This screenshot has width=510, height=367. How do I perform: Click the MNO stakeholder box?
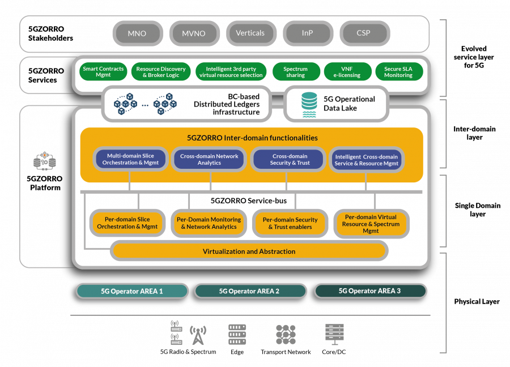(137, 33)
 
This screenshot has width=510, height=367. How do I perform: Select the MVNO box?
(194, 33)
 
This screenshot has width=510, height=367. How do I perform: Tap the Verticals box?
(250, 33)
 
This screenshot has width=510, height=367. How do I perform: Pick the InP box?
(307, 33)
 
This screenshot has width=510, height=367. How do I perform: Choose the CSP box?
(363, 33)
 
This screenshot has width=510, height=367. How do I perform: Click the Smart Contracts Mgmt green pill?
(103, 72)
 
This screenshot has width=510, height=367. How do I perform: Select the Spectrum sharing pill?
(295, 72)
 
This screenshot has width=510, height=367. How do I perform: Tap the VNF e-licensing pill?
(347, 72)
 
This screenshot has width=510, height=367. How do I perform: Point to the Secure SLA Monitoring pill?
(398, 72)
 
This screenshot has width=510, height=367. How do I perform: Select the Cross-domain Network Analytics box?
(209, 159)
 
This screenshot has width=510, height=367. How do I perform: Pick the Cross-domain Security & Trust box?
(289, 159)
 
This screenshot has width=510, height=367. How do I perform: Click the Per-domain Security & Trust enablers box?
(290, 223)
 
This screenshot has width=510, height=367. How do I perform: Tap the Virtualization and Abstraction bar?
(249, 251)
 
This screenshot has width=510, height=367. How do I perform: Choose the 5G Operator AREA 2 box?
(249, 291)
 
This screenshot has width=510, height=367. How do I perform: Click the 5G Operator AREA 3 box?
(369, 291)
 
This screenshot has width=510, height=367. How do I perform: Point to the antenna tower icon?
(198, 335)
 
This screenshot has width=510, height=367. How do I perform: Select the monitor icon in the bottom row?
(334, 333)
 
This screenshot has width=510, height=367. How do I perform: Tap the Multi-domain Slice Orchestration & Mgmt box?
(130, 159)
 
